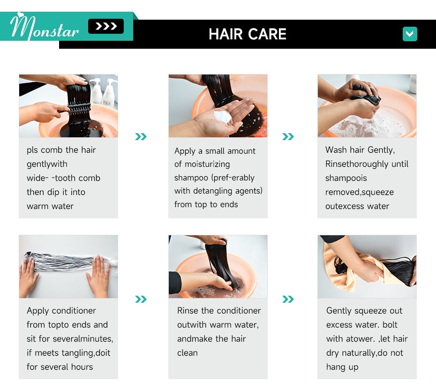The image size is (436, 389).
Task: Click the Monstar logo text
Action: (45, 27)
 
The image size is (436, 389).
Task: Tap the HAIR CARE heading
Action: (248, 34)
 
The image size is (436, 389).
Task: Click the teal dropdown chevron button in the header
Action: (410, 34)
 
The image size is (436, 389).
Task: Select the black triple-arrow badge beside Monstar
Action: (106, 26)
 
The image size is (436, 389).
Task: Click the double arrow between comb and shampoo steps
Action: (141, 136)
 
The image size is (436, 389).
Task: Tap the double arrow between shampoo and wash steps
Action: (288, 136)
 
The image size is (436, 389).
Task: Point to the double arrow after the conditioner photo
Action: (141, 299)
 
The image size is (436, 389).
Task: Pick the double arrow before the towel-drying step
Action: (288, 299)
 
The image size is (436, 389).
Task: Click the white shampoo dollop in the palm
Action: (222, 117)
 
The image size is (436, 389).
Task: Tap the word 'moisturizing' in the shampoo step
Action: (207, 165)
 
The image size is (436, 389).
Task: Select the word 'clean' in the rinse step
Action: (188, 353)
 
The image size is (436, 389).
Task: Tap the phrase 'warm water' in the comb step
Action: (50, 206)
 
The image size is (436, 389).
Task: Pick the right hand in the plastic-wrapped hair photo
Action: (99, 276)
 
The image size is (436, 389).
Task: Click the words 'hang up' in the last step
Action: (342, 367)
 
